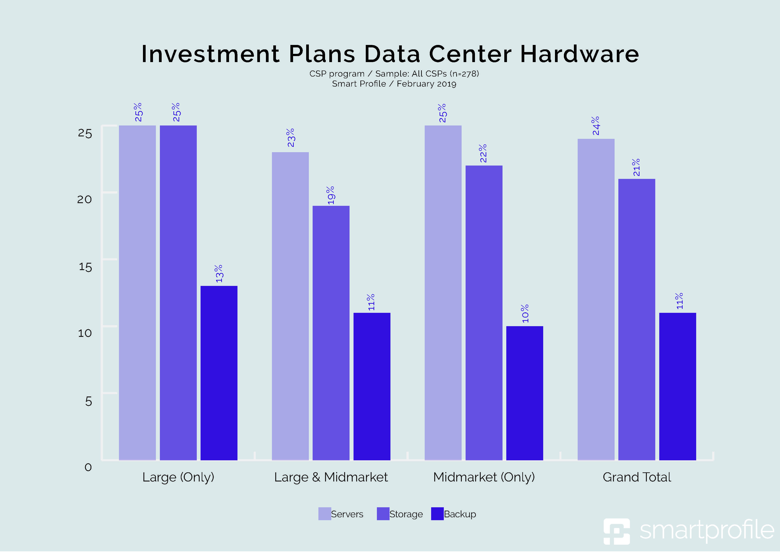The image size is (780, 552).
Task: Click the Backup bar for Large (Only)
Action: point(219,373)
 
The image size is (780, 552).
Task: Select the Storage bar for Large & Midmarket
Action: point(331,333)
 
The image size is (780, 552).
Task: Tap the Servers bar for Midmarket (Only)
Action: point(443,293)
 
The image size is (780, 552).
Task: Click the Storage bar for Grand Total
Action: point(637,319)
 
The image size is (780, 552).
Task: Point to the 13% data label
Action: point(219,274)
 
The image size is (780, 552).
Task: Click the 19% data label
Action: point(331,195)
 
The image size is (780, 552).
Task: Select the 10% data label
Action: point(525,313)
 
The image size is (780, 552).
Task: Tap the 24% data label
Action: point(596,126)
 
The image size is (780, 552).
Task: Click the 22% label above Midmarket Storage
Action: point(483,153)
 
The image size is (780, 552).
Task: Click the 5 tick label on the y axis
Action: point(88,401)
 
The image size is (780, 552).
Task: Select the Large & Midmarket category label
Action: point(331,477)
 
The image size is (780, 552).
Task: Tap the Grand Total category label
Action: point(637,477)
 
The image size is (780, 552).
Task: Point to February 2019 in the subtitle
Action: point(426,84)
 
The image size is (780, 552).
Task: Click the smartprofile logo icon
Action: point(616,531)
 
